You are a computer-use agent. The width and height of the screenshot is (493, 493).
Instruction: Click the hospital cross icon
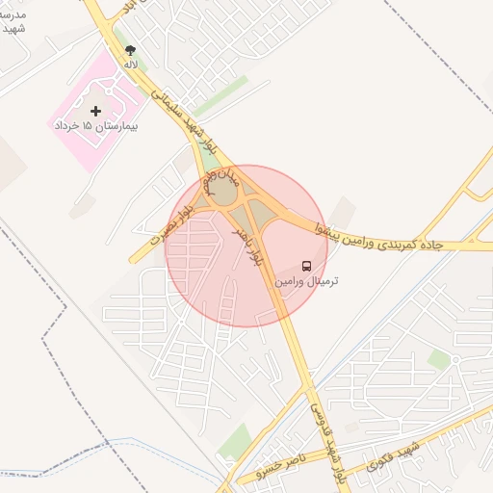click(x=95, y=112)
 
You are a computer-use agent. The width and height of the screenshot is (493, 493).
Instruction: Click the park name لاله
click(x=131, y=64)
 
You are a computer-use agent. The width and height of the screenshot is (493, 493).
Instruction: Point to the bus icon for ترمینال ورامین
click(x=306, y=265)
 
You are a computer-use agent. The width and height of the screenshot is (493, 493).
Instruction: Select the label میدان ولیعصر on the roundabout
click(x=218, y=180)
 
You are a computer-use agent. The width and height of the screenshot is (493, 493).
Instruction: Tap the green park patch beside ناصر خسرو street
click(x=235, y=442)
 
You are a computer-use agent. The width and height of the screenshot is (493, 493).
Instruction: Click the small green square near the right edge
click(x=439, y=359)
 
